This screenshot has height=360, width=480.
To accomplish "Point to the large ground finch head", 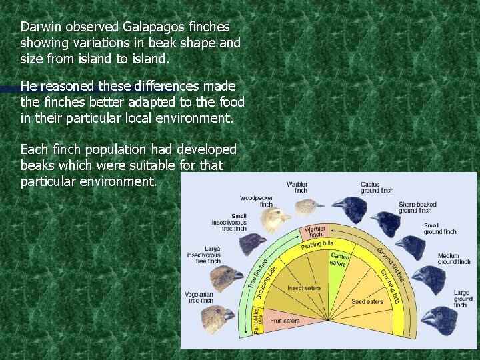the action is coord(440,319).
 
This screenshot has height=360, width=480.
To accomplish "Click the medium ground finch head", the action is coord(429,279).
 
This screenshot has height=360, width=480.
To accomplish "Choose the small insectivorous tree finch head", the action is coord(252,243).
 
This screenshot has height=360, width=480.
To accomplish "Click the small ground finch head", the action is coord(413,247).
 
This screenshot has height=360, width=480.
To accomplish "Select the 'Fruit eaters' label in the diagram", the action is coord(285,321).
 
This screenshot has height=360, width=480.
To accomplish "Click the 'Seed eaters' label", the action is coord(367,301).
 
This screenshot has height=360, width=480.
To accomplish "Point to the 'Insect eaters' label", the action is coord(304,288).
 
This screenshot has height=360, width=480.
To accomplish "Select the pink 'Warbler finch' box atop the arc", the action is coord(315,232).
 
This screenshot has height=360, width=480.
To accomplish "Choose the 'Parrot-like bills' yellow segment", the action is coord(259,317).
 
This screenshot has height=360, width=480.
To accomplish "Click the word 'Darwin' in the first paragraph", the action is coord(39,27).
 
